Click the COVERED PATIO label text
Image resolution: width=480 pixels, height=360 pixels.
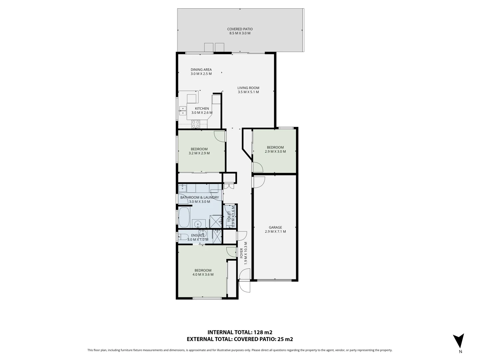pos(240,29)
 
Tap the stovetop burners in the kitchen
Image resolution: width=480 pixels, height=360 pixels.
pos(196,124)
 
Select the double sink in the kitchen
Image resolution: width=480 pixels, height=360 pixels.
pos(183,111)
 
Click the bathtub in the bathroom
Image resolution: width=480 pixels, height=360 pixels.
pos(184,217)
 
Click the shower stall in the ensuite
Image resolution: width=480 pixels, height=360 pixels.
pos(217,236)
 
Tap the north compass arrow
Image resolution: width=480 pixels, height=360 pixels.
pos(458,341)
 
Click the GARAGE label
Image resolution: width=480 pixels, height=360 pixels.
pos(275,227)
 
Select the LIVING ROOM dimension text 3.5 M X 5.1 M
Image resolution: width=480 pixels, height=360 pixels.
pos(248,92)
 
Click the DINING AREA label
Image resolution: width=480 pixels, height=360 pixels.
pos(201,70)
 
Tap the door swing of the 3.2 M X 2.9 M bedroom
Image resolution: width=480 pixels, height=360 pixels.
pos(220,136)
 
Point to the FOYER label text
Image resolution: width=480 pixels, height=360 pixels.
pos(242,253)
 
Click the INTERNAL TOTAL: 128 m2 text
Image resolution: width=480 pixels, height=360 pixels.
pos(240,332)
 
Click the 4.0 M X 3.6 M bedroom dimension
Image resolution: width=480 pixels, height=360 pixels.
pos(203,275)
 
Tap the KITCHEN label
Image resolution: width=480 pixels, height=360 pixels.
pos(202,108)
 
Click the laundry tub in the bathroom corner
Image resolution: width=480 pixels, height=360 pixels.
pos(182,188)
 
